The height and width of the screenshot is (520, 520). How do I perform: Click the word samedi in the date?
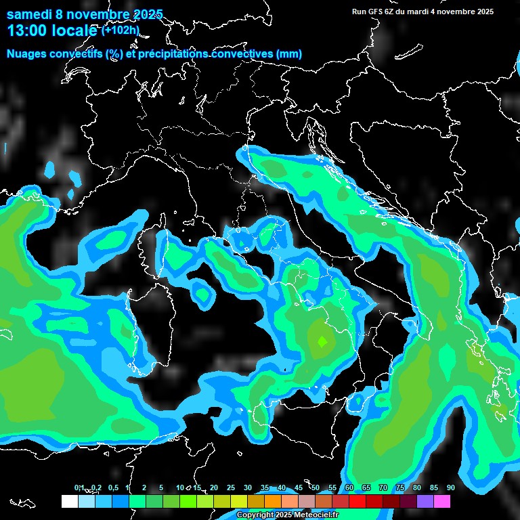[x=28, y=14]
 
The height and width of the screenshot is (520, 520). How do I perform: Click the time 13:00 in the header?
[x=26, y=30]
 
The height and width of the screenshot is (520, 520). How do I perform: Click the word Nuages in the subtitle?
[x=28, y=53]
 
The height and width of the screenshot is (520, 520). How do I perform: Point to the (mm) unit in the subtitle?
[x=288, y=53]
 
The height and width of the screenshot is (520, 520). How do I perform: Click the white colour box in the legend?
[x=69, y=501]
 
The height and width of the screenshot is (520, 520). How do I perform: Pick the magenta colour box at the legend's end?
[x=442, y=501]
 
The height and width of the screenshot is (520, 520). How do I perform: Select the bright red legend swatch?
[x=357, y=501]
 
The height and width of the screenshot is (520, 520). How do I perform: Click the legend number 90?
[x=451, y=487]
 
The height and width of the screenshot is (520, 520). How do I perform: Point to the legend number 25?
[x=231, y=487]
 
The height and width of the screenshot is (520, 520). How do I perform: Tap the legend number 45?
[x=299, y=487]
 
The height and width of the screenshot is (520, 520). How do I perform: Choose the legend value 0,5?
[x=113, y=487]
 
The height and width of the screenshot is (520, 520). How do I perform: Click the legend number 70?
[x=383, y=487]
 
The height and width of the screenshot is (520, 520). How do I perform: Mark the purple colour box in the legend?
[x=425, y=501]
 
